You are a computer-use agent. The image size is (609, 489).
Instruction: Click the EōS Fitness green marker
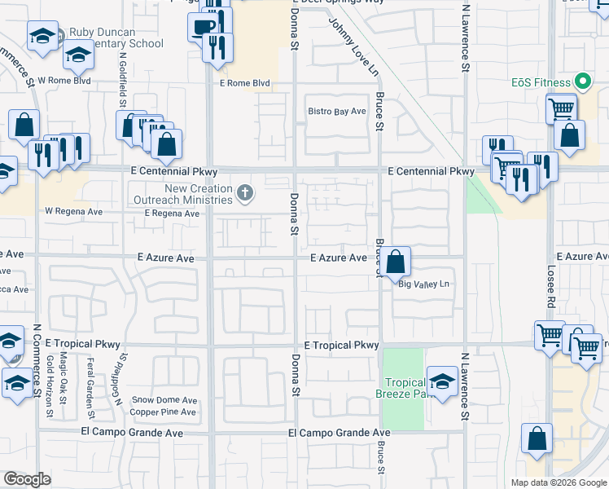(x=582, y=81)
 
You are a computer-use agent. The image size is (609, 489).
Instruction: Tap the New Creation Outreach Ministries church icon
(x=245, y=194)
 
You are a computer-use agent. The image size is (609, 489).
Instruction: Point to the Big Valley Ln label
(x=423, y=284)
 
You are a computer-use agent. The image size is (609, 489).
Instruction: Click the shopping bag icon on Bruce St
(x=396, y=262)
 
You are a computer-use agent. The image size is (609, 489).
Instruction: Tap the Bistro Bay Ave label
(x=336, y=112)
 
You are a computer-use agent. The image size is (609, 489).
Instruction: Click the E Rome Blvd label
(x=244, y=83)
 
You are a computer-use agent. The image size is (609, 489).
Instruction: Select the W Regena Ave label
(x=73, y=211)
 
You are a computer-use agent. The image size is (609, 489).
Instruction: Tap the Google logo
(x=27, y=479)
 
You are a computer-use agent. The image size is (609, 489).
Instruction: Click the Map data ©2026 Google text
(x=558, y=482)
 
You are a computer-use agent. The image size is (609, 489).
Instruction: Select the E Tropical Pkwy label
(x=342, y=346)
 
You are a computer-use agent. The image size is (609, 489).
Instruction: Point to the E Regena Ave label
(x=172, y=214)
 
